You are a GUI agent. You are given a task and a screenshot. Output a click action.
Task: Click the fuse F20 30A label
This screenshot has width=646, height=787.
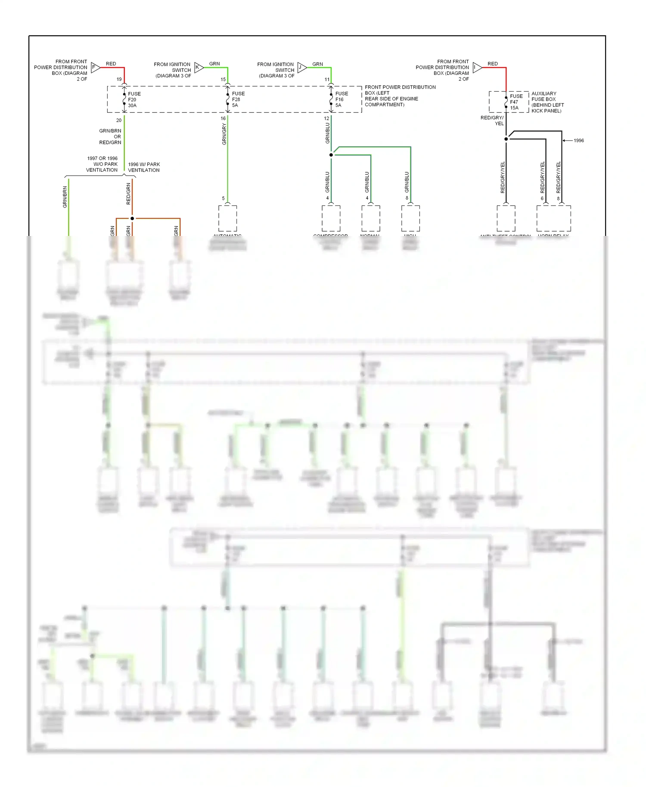[134, 99]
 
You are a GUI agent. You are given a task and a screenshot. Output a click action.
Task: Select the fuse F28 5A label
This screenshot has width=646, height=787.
[238, 99]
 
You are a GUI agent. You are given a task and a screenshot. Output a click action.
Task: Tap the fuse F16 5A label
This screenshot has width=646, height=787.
[342, 99]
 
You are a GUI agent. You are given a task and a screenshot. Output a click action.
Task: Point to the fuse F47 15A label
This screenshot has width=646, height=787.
[516, 102]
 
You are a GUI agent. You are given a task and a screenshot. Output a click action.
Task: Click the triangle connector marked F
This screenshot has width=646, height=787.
[95, 67]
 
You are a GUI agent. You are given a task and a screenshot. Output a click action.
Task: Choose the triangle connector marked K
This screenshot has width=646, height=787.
[199, 67]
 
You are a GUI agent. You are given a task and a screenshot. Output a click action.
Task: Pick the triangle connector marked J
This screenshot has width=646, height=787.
[301, 67]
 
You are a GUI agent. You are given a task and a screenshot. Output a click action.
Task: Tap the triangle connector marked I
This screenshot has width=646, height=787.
[477, 67]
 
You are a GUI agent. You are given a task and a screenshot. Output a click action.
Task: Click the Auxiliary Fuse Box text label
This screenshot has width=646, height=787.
[547, 102]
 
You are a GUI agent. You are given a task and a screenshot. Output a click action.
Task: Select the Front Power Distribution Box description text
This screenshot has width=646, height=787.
[400, 96]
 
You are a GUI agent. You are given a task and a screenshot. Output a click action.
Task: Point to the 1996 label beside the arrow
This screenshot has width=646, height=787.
[578, 141]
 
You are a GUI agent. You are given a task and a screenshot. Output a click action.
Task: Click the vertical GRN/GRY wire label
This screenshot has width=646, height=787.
[224, 134]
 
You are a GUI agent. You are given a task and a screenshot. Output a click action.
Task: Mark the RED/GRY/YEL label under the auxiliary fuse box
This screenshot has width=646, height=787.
[492, 121]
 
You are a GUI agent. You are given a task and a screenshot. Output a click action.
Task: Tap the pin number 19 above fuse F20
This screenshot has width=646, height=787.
[119, 79]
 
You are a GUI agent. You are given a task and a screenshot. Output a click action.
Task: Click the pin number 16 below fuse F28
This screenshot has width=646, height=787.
[223, 118]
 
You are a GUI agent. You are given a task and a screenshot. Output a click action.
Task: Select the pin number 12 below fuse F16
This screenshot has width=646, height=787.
[326, 118]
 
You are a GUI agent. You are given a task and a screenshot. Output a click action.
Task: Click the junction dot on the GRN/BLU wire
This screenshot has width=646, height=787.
[331, 155]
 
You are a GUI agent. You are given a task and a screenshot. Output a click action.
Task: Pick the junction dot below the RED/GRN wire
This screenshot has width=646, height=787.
[132, 218]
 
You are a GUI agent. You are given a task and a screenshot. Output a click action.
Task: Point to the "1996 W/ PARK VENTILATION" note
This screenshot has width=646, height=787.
[144, 167]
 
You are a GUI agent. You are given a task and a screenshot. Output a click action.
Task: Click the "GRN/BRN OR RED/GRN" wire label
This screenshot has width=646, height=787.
[110, 136]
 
